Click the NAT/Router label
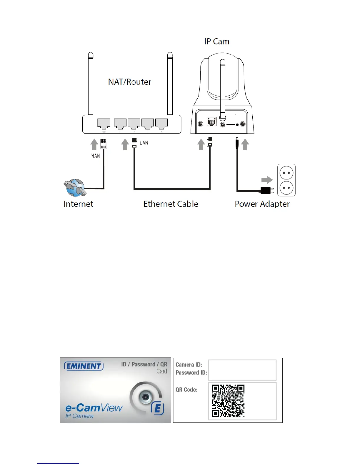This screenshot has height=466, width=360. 129,82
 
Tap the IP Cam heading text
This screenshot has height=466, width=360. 217,41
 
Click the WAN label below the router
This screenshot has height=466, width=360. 96,156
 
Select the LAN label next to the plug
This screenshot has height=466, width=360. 144,143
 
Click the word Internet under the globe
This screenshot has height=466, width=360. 78,204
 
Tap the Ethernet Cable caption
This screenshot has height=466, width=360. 171,204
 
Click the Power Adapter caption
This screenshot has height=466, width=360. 262,204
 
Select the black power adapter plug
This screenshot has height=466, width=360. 266,191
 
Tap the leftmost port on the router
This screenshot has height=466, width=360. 104,124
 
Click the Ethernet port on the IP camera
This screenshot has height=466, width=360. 211,122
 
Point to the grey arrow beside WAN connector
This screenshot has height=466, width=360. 94,144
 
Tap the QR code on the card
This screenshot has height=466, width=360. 228,401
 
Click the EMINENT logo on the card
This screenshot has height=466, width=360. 84,366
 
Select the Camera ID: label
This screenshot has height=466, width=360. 189,365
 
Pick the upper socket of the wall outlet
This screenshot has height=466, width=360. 286,173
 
